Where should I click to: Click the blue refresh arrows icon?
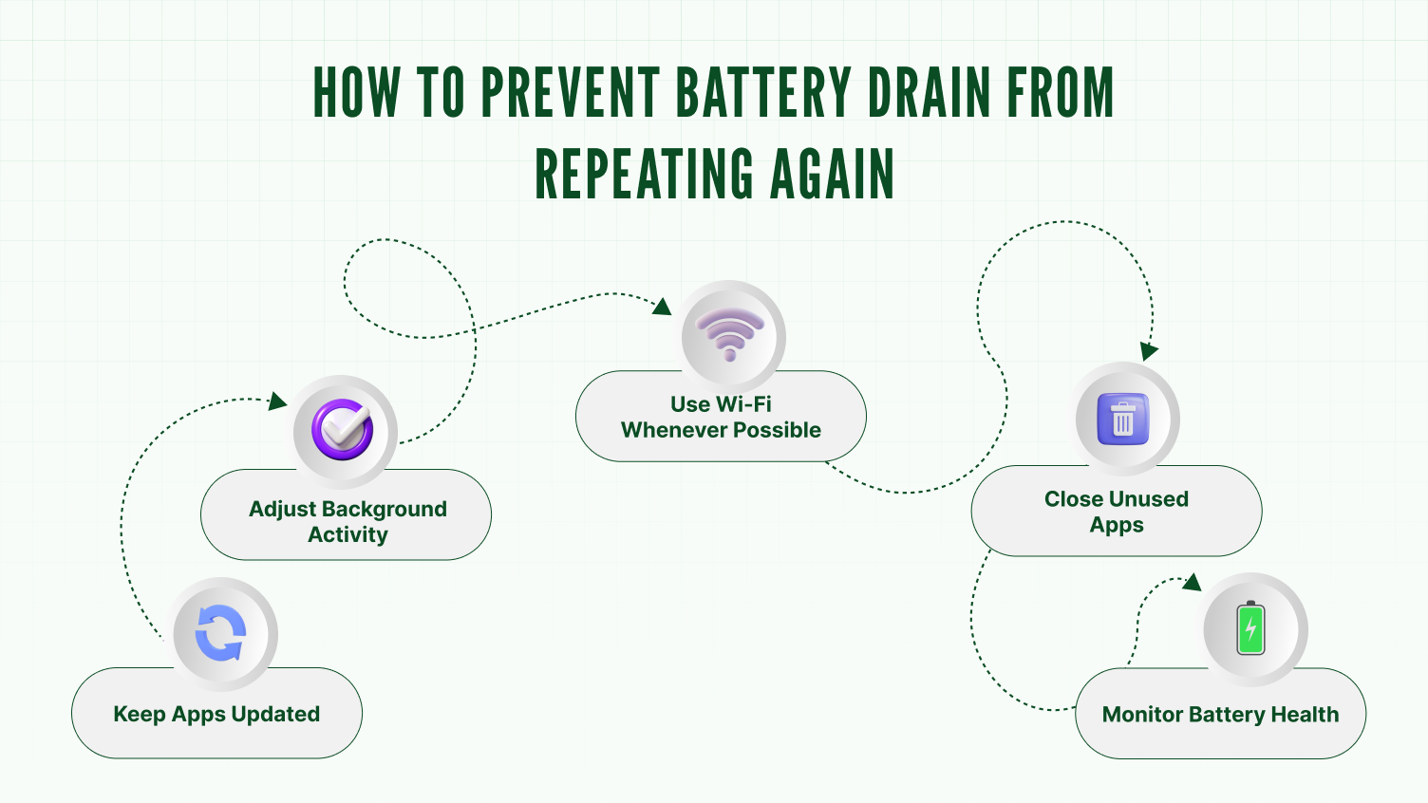pos(221,633)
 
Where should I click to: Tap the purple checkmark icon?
pos(344,430)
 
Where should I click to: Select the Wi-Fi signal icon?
pos(729,334)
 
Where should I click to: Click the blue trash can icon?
pos(1123,419)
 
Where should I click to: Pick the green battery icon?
pos(1250,628)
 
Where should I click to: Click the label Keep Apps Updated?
pos(216,714)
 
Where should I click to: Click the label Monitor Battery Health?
pos(1220,714)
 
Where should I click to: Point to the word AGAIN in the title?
pos(832,174)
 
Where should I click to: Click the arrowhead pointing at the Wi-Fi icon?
pos(662,306)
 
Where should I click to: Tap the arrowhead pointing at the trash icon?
pos(1149,350)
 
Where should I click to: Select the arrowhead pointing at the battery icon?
pos(1192,581)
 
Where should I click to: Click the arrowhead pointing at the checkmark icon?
pos(277,401)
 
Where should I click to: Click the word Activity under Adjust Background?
pos(348,534)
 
